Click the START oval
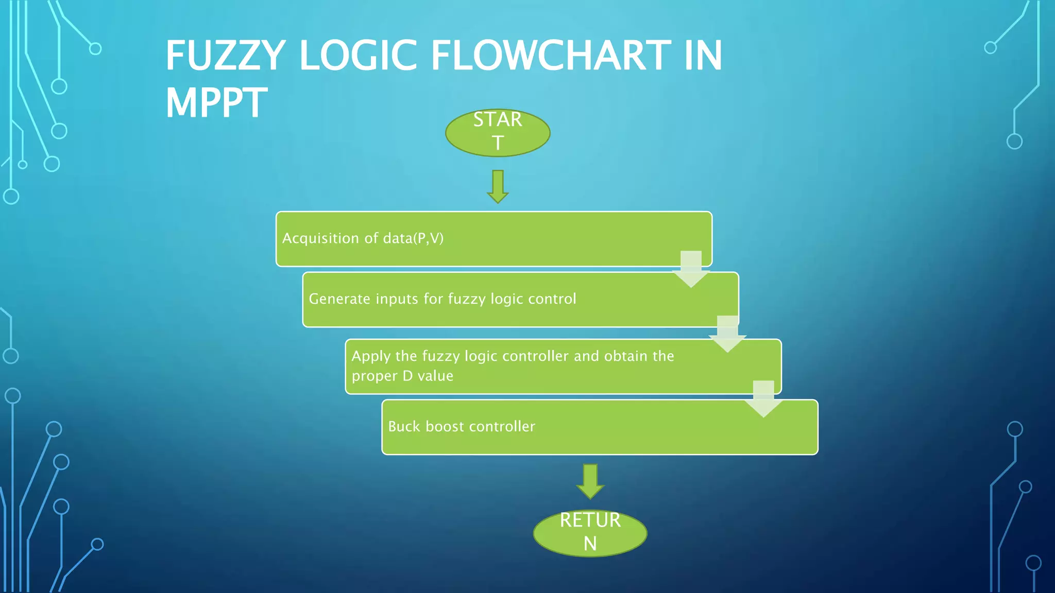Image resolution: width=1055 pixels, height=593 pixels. click(498, 132)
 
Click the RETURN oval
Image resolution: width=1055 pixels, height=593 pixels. click(590, 532)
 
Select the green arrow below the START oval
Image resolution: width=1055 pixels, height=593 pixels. click(498, 186)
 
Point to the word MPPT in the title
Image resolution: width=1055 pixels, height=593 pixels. click(216, 103)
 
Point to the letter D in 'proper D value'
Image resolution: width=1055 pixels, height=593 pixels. click(407, 376)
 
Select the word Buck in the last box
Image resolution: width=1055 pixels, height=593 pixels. click(404, 427)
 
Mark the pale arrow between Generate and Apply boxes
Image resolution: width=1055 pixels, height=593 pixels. click(727, 334)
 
